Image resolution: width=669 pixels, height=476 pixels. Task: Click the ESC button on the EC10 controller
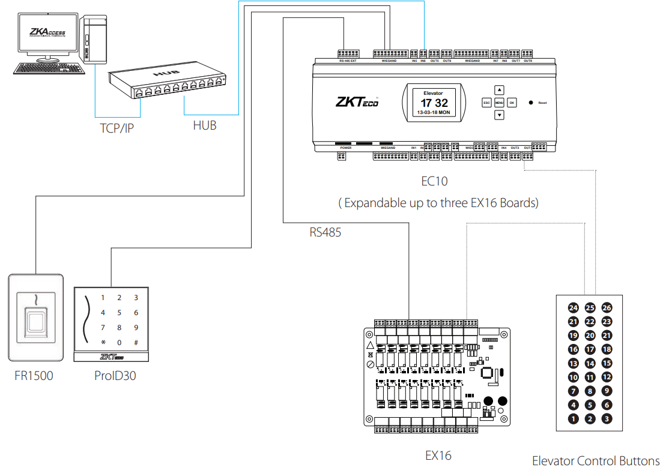486,103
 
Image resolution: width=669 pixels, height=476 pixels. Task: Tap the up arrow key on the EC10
499,90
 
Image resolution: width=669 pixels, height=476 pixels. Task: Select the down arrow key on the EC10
499,115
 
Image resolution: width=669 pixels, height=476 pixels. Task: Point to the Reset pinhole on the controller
531,103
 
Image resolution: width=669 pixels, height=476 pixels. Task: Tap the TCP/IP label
117,128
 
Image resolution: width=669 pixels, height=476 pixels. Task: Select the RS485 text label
325,232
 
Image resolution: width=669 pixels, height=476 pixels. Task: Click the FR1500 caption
34,376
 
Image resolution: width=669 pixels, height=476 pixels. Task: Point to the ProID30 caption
114,376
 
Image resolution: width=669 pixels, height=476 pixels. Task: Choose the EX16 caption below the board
438,455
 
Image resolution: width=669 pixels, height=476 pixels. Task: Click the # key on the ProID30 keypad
136,343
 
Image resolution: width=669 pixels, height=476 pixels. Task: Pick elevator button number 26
607,308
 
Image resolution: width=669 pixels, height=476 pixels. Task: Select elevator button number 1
574,419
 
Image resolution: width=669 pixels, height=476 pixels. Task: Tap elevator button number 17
590,349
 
